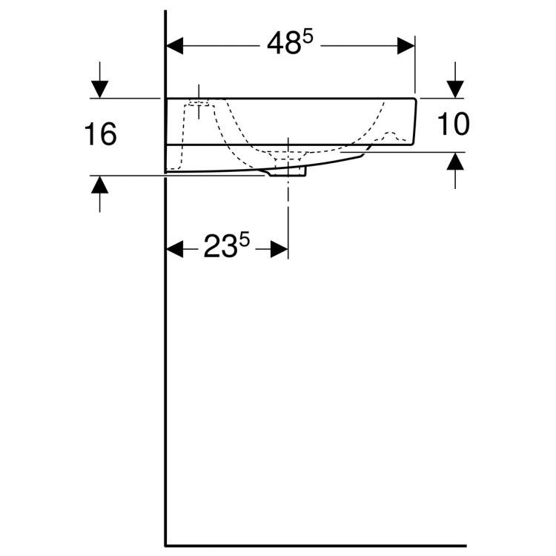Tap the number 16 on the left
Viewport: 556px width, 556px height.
(100, 135)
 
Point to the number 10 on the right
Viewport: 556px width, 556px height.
(452, 125)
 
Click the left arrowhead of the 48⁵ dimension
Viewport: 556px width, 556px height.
(175, 46)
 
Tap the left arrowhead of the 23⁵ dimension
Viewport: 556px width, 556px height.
(175, 250)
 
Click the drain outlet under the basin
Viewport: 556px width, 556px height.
(288, 171)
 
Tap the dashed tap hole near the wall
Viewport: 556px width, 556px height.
(198, 111)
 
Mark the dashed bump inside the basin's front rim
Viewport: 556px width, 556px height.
(393, 136)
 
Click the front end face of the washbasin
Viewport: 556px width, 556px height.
(414, 122)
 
